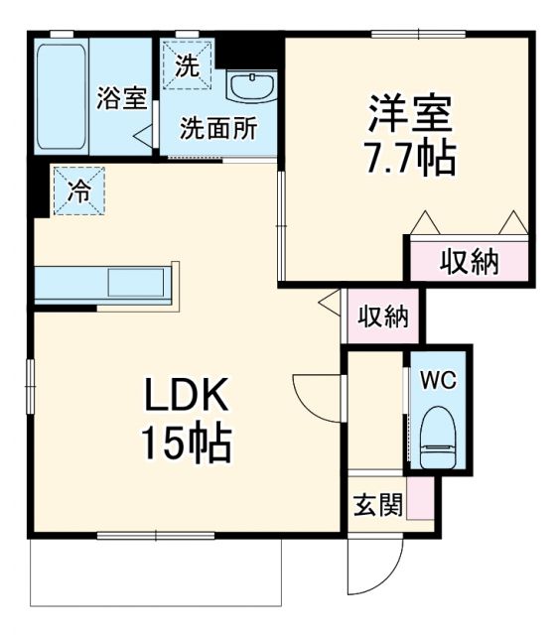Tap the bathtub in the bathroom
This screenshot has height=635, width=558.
click(x=62, y=96)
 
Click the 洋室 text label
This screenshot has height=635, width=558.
click(x=411, y=112)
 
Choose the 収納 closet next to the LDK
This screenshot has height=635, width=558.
click(x=383, y=317)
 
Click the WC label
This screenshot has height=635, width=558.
click(x=438, y=380)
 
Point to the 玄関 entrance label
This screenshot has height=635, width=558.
click(x=377, y=506)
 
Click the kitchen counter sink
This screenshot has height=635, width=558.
click(x=137, y=283)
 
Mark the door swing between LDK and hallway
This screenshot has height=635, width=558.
click(x=316, y=397)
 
